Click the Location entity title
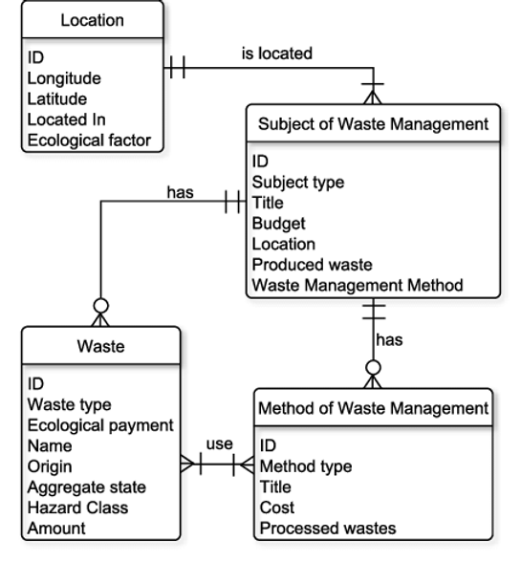(x=92, y=20)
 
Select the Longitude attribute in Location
(x=64, y=78)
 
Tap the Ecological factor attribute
(x=89, y=140)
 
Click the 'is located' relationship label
(x=277, y=54)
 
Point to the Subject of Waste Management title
(x=373, y=124)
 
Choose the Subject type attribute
(x=298, y=182)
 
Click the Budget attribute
(x=278, y=224)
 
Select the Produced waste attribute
(x=312, y=265)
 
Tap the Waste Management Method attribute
(x=358, y=285)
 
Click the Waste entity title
(x=100, y=347)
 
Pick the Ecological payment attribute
(x=100, y=425)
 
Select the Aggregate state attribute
(x=87, y=487)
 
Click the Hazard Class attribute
(x=77, y=508)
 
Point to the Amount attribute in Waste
(x=56, y=529)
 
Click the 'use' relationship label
(x=220, y=444)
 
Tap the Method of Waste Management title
(x=373, y=408)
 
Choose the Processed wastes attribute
(x=328, y=529)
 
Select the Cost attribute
(x=277, y=508)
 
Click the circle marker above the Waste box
(x=100, y=306)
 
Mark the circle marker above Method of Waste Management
(x=373, y=368)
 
